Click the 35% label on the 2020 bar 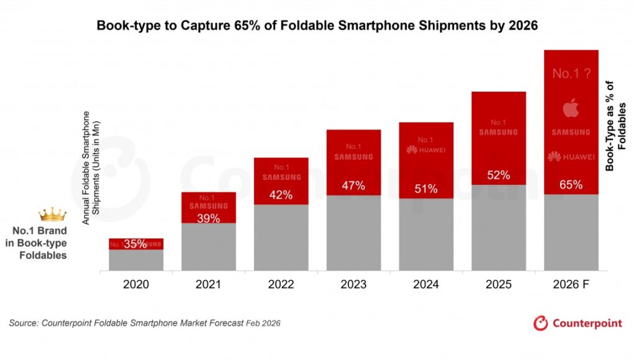(x=135, y=244)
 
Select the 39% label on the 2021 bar (x=209, y=218)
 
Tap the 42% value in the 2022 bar (x=281, y=195)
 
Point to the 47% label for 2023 (x=353, y=186)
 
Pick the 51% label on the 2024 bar (x=426, y=189)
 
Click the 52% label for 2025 (x=499, y=175)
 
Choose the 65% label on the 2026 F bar (x=571, y=184)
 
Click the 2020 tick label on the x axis (x=136, y=285)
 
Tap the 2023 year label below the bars (x=353, y=285)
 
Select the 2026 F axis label (x=571, y=285)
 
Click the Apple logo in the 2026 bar (x=571, y=110)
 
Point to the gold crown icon (x=52, y=215)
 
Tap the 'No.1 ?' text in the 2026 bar (x=571, y=74)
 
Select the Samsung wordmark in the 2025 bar (x=499, y=132)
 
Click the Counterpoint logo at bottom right (x=577, y=323)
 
